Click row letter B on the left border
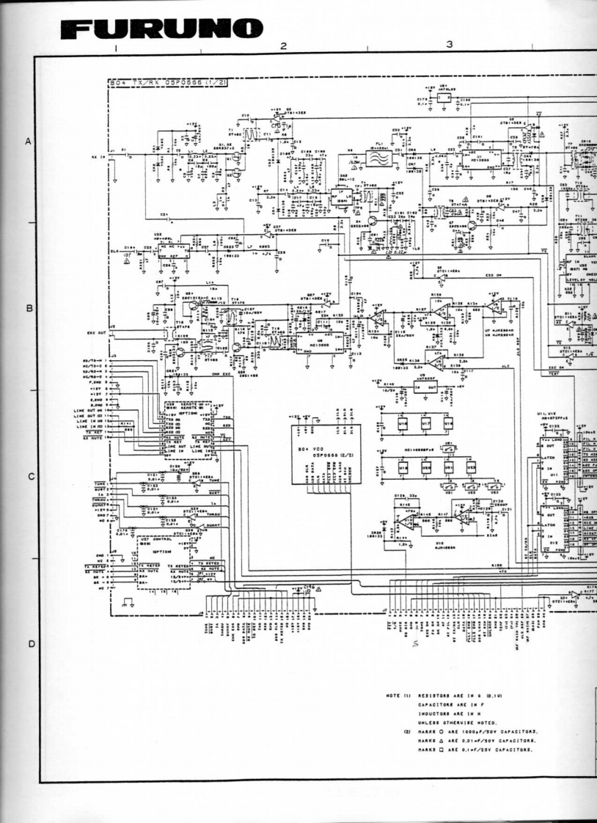click(x=29, y=308)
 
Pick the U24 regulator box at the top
click(x=444, y=96)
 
